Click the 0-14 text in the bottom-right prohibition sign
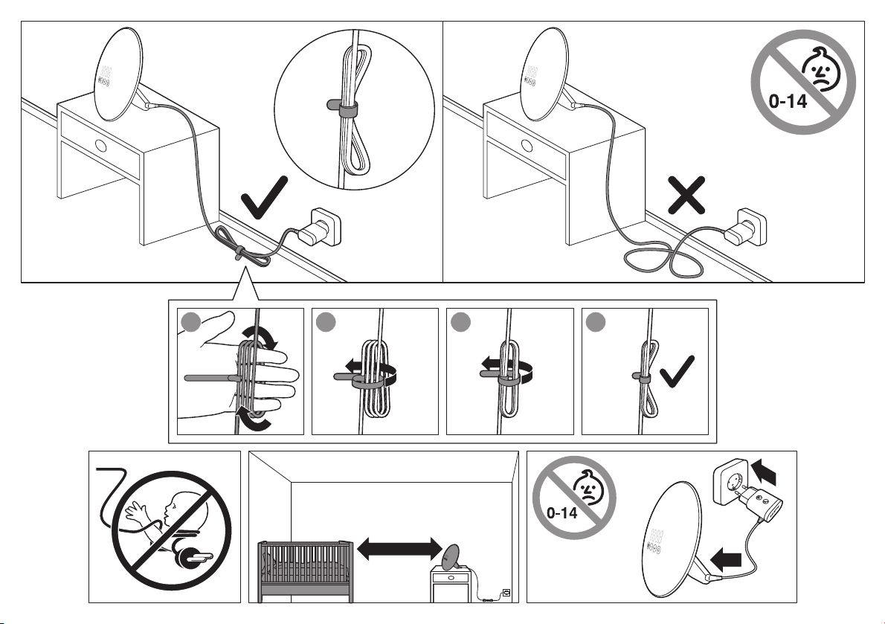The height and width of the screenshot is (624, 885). click(x=563, y=512)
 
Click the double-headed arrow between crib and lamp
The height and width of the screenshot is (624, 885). click(x=400, y=550)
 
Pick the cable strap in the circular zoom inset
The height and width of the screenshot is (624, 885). click(x=347, y=111)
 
